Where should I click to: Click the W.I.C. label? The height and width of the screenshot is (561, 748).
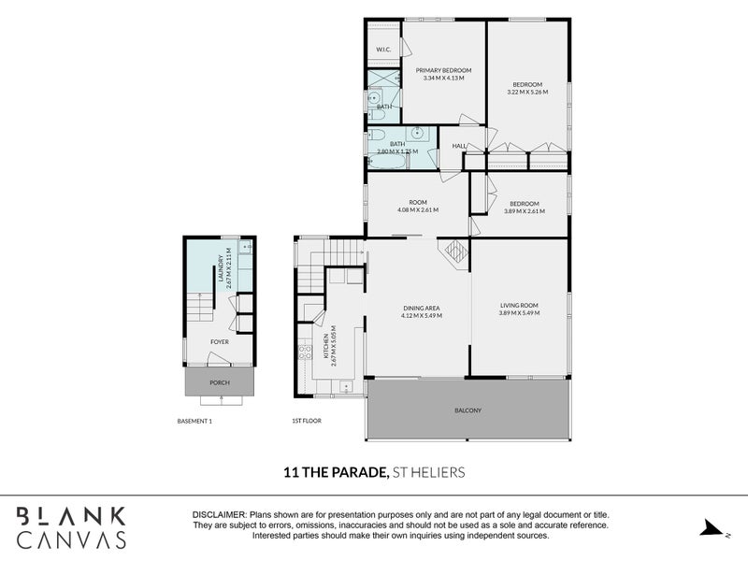pyautogui.click(x=383, y=50)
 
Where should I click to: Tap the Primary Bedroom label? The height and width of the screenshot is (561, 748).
pyautogui.click(x=443, y=70)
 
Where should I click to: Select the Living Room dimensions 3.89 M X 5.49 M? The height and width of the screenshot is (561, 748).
pyautogui.click(x=519, y=313)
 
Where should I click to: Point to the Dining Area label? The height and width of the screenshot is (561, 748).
pyautogui.click(x=422, y=309)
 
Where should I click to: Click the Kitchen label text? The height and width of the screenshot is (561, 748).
pyautogui.click(x=326, y=346)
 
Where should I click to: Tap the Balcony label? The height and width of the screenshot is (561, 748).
pyautogui.click(x=468, y=410)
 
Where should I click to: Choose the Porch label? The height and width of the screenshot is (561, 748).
pyautogui.click(x=220, y=382)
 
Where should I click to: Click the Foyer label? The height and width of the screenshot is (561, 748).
pyautogui.click(x=220, y=342)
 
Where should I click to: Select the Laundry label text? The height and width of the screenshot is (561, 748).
pyautogui.click(x=221, y=268)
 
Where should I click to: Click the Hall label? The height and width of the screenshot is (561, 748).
pyautogui.click(x=459, y=146)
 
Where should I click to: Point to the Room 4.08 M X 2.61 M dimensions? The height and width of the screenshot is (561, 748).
pyautogui.click(x=418, y=209)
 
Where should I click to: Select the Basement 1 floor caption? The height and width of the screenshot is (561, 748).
pyautogui.click(x=194, y=422)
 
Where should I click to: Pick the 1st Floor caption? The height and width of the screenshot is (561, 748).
pyautogui.click(x=307, y=421)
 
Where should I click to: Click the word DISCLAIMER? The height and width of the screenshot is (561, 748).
pyautogui.click(x=220, y=515)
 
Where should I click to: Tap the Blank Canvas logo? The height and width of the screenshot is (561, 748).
pyautogui.click(x=72, y=527)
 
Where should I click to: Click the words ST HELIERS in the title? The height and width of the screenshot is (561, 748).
pyautogui.click(x=428, y=472)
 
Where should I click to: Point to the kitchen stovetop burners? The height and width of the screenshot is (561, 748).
pyautogui.click(x=305, y=352)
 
